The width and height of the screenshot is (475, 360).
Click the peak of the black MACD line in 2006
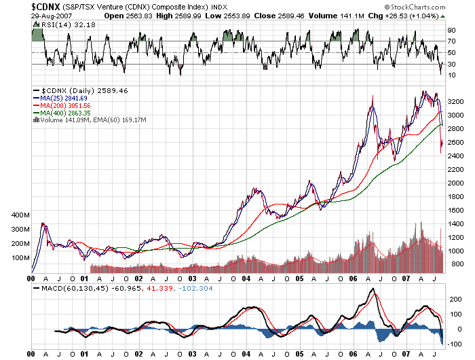[373, 289]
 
